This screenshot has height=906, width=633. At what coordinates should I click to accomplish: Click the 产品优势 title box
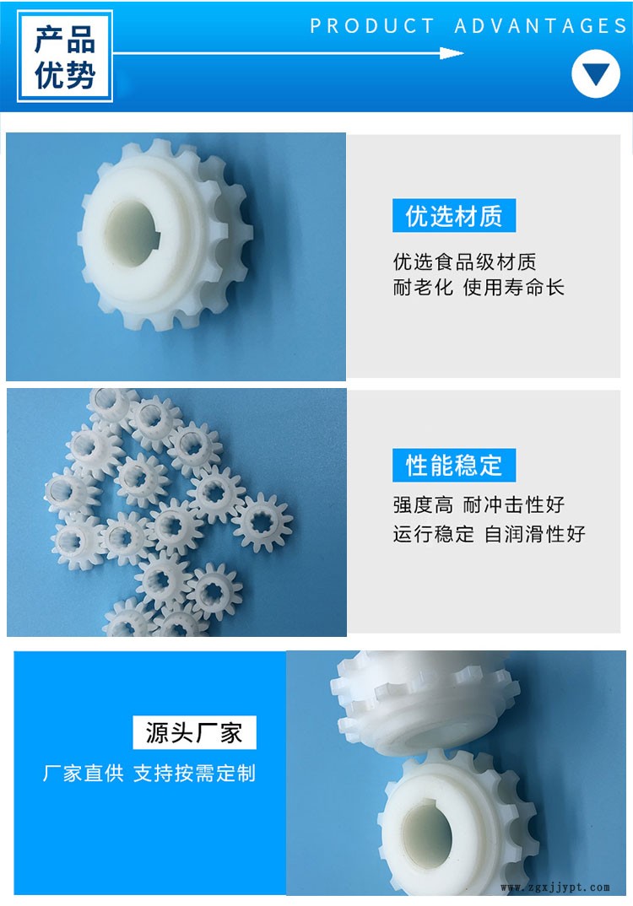coord(65,57)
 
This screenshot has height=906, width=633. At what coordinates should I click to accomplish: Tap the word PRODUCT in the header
coord(372,26)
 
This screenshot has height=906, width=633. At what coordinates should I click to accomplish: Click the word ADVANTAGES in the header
coord(540,26)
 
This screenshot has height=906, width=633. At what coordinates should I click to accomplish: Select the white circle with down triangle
coord(595,73)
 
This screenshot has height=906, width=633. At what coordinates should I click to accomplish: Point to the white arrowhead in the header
coord(452,53)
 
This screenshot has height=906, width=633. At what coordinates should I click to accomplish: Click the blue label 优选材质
coord(454,215)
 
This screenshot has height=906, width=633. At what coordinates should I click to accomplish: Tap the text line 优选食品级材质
coord(465,262)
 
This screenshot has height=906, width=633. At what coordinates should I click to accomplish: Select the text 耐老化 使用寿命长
coord(479,287)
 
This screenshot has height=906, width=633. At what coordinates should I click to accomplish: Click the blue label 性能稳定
coord(454,465)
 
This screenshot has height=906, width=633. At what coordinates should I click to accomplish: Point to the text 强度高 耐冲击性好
coord(479,505)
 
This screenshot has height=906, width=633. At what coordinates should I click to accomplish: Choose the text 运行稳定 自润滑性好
coord(489,534)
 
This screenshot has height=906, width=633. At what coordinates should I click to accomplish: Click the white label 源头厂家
coord(194,733)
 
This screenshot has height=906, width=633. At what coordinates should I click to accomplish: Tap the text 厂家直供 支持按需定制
coord(149,773)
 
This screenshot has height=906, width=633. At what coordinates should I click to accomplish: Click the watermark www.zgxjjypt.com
coord(555,887)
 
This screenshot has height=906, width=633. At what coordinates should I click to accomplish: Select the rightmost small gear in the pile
coord(263,522)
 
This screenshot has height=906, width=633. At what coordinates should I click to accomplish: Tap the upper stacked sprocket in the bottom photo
coord(425,702)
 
